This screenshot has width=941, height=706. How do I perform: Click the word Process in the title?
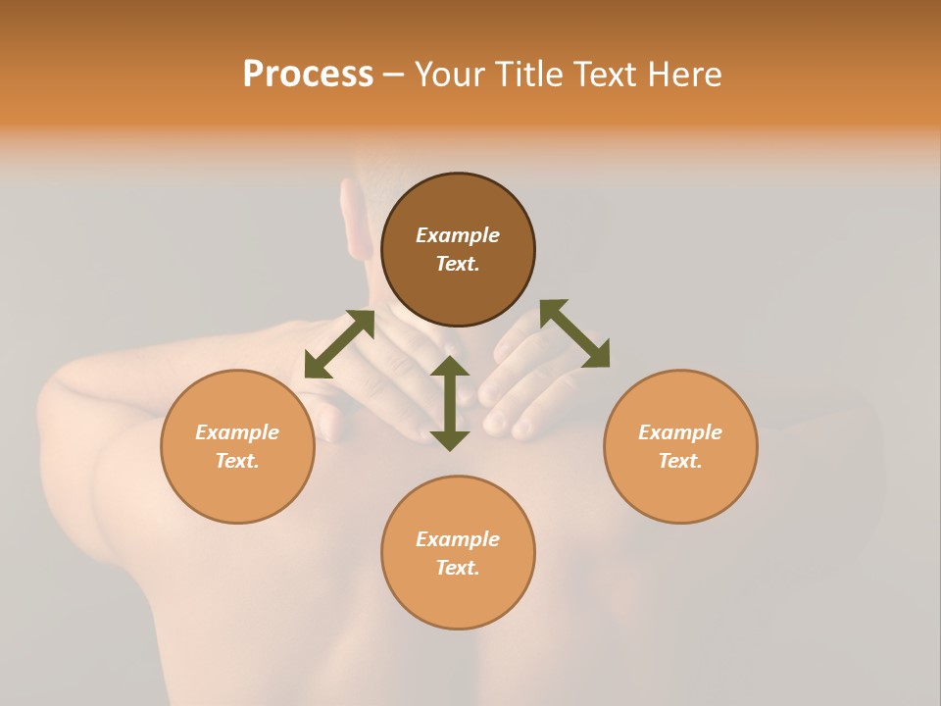[x=308, y=75]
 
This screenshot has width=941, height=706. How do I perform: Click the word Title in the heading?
[x=528, y=75]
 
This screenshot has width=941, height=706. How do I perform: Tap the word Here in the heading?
[x=679, y=75]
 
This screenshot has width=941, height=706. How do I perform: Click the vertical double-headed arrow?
[x=450, y=403]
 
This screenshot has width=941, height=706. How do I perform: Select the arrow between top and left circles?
[x=339, y=344]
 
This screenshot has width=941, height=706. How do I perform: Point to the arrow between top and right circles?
[x=574, y=333]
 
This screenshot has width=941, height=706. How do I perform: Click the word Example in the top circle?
[x=458, y=235]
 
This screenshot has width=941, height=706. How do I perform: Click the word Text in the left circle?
[x=237, y=461]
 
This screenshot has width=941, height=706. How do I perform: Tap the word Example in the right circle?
[x=680, y=432]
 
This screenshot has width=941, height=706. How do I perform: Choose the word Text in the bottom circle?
[x=458, y=568]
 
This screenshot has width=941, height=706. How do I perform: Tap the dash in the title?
[x=393, y=75]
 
